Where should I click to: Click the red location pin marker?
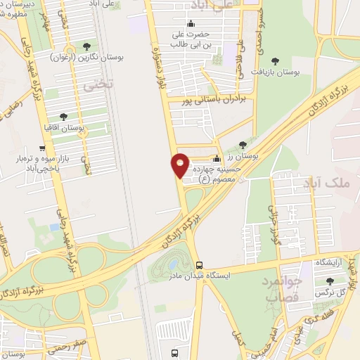pyautogui.click(x=180, y=165)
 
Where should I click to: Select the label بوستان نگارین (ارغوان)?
pyautogui.click(x=84, y=58)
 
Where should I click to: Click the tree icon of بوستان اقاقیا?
pyautogui.click(x=63, y=117)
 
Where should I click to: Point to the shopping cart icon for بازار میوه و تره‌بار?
pyautogui.click(x=44, y=149)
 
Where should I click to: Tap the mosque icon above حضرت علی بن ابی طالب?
pyautogui.click(x=191, y=22)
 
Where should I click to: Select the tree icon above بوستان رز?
pyautogui.click(x=243, y=144)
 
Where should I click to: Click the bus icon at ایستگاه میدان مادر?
pyautogui.click(x=200, y=265)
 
